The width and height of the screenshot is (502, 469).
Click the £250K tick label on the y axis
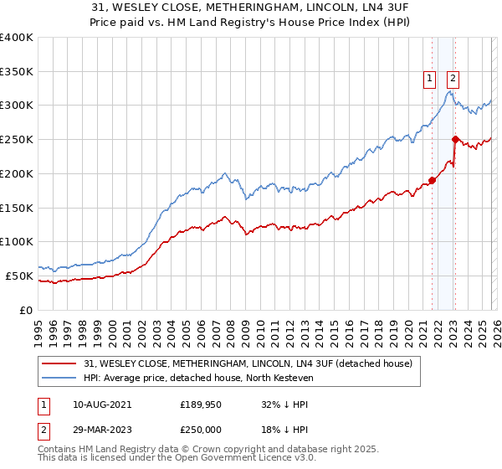click(16, 140)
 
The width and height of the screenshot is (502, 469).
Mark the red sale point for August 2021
click(433, 179)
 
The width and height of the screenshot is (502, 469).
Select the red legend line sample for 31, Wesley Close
click(60, 363)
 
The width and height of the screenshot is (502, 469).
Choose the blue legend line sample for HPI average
click(60, 378)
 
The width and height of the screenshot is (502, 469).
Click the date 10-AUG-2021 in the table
click(96, 404)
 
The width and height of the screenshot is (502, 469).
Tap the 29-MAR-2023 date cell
click(96, 428)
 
